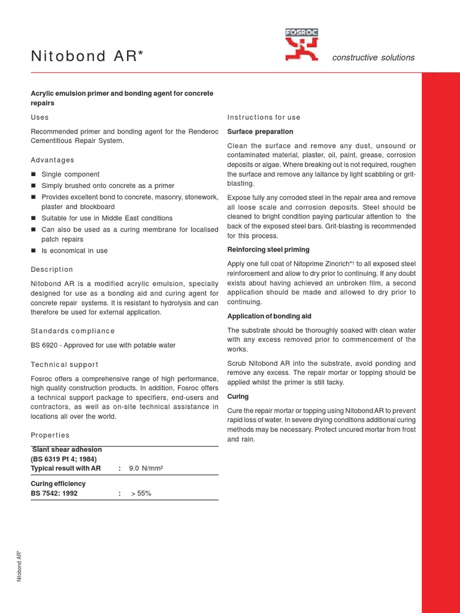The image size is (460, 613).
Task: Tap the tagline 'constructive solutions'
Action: pos(373,57)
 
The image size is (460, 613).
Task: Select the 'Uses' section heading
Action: pos(40,117)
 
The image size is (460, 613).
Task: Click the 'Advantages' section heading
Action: pos(53,160)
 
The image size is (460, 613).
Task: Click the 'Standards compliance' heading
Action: pos(72,331)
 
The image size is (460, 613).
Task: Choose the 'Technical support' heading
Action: pos(64,365)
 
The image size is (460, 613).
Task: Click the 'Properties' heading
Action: pos(50,435)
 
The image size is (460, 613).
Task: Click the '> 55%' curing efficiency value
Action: pos(141,494)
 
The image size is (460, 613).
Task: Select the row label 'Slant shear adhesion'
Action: pos(66,450)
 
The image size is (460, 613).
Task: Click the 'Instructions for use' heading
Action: pos(264,117)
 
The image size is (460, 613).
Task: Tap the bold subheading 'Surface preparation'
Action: pos(260,132)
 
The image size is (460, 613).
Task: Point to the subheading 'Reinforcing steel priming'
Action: pos(268,250)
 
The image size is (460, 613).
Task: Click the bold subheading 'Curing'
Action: pos(238,397)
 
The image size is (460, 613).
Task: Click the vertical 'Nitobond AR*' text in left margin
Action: pos(20,566)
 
